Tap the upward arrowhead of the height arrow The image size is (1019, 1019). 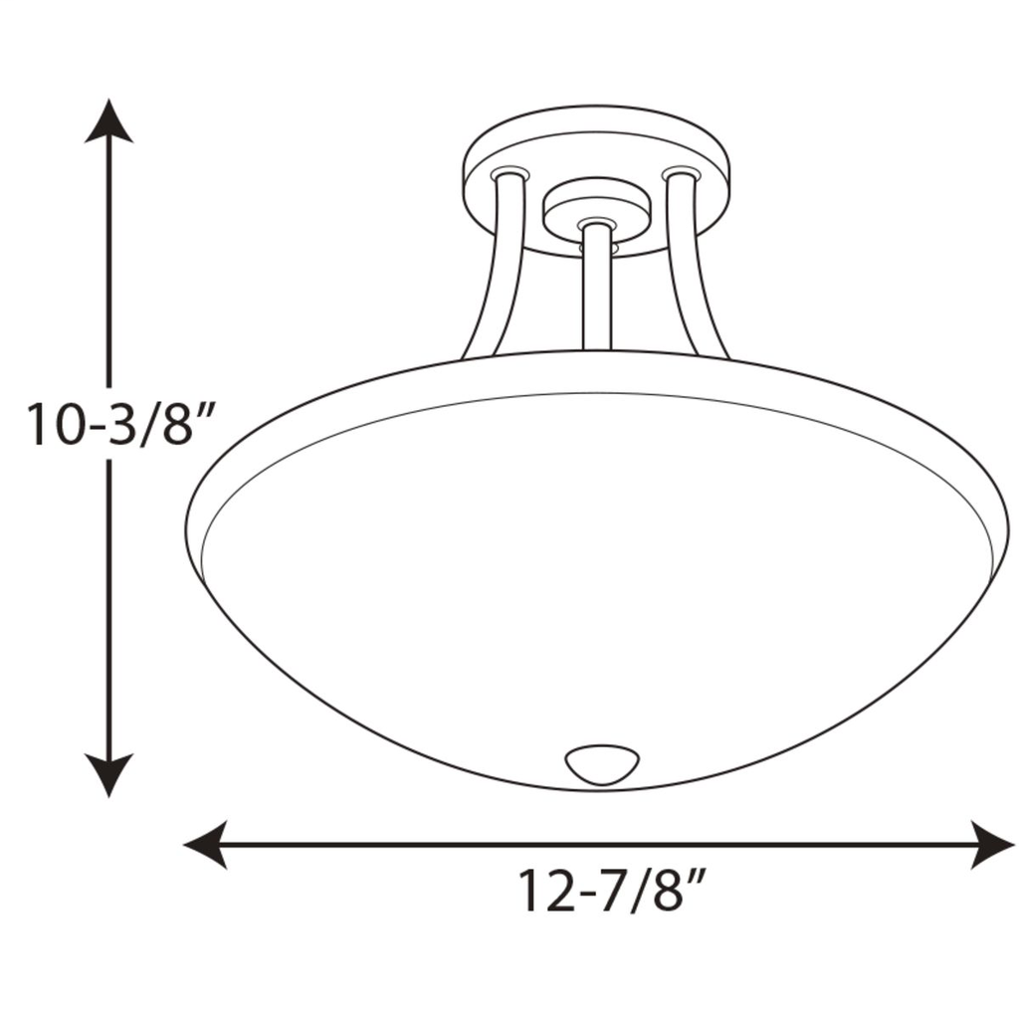click(x=108, y=120)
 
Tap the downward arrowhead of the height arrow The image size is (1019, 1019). click(x=108, y=774)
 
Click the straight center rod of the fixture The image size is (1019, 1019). click(x=596, y=289)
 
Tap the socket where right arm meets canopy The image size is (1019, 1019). click(x=681, y=173)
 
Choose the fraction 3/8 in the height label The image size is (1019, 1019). click(x=149, y=424)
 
